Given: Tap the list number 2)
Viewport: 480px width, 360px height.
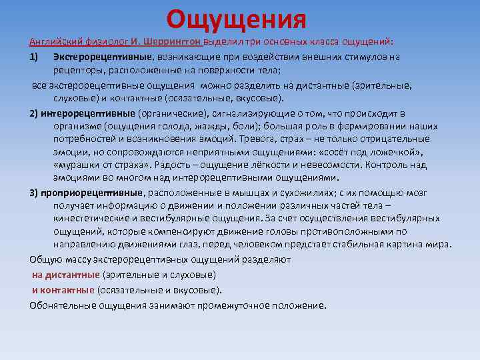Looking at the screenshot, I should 35,113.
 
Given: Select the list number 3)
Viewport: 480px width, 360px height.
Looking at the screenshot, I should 35,193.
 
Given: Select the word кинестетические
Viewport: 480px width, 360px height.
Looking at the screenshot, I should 91,219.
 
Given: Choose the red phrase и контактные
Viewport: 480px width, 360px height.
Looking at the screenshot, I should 63,290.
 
